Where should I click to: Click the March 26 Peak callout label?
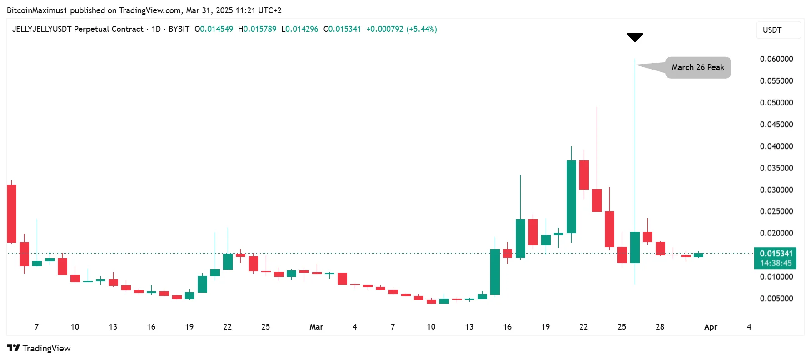698,67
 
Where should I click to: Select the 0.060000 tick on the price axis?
776,59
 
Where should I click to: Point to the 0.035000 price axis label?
776,168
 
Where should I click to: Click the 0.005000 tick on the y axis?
776,299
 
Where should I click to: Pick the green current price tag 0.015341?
776,254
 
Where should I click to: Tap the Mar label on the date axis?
316,327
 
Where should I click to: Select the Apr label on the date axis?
711,327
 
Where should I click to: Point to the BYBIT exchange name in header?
179,29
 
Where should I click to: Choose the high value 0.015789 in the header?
260,29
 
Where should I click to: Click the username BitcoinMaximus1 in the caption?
37,10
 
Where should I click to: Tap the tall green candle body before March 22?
571,196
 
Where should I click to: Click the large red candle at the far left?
11,213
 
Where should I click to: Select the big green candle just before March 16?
495,271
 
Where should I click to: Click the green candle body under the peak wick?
635,247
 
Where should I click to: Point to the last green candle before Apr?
698,255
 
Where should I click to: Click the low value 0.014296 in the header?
302,29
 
